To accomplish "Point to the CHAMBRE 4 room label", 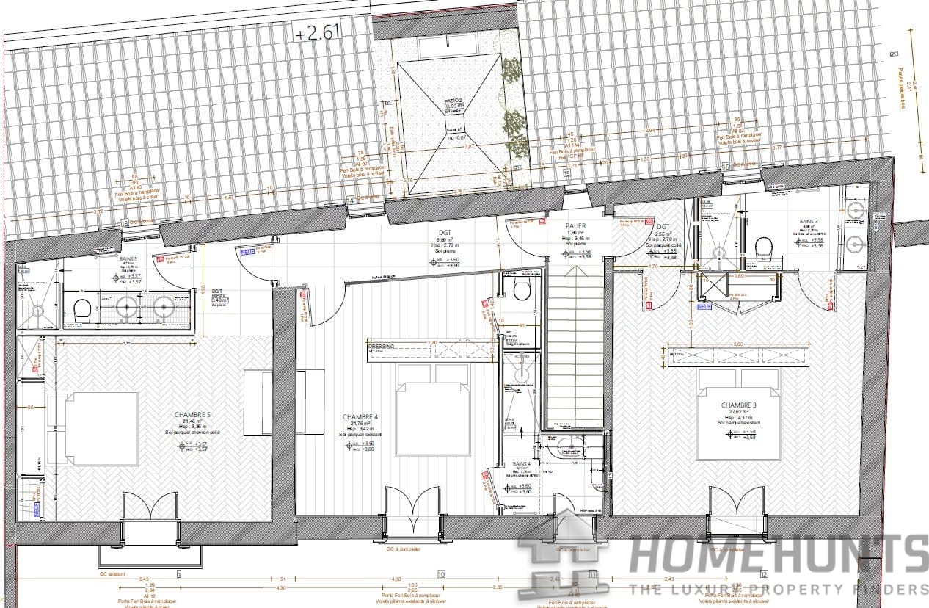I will [x=360, y=417].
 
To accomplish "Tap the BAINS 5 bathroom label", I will [x=128, y=258].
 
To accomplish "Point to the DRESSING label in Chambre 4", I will [x=382, y=345].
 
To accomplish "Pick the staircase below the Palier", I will [x=576, y=345].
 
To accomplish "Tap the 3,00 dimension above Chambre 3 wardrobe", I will [x=737, y=344].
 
